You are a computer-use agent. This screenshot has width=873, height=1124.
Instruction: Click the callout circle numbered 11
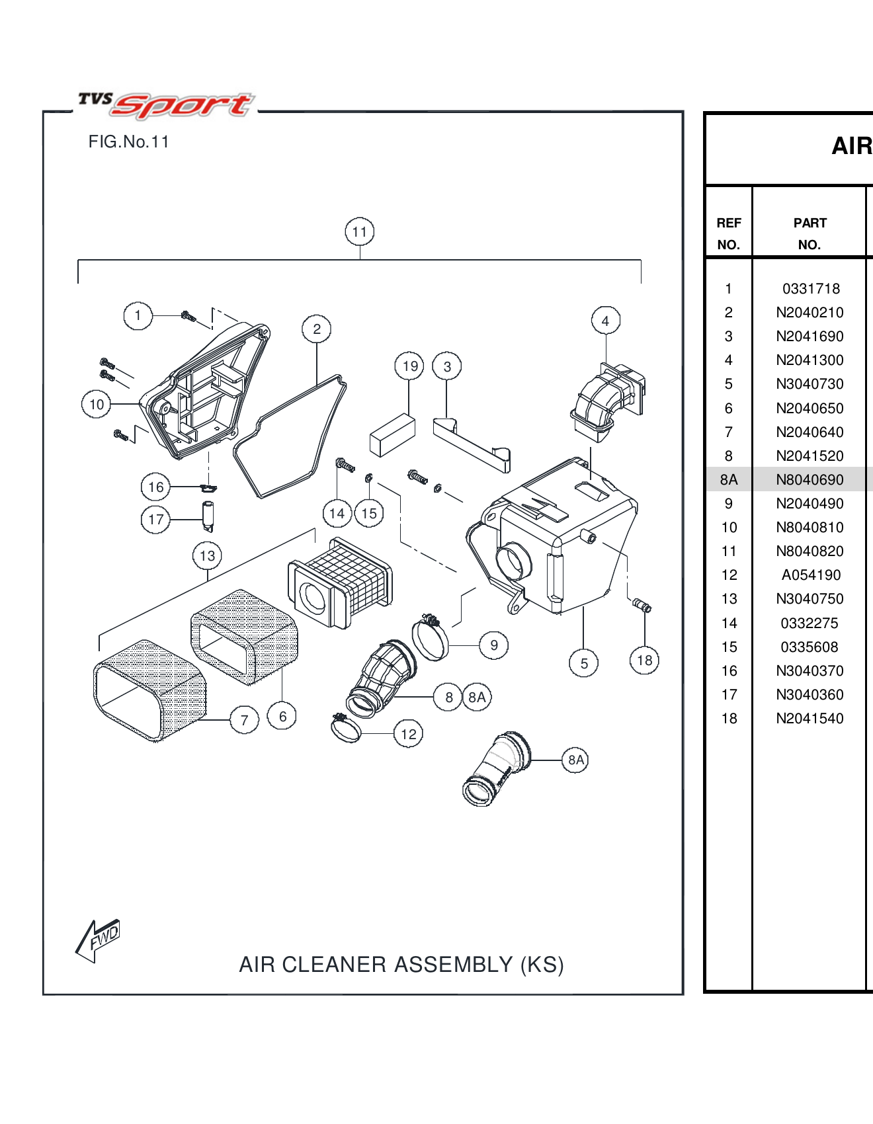[x=359, y=232]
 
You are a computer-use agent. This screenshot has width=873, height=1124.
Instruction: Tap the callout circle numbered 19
[x=409, y=366]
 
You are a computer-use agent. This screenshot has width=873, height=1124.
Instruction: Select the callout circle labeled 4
[x=605, y=321]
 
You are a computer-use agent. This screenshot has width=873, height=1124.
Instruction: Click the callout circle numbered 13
[x=207, y=556]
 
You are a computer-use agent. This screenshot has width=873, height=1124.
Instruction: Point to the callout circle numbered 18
[x=644, y=661]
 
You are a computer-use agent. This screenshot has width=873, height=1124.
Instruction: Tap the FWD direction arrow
[x=99, y=939]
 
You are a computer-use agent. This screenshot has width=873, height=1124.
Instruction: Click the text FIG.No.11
[x=128, y=142]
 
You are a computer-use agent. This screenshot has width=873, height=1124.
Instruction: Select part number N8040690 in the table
[x=810, y=480]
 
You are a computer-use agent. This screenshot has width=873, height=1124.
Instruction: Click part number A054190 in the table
[x=811, y=575]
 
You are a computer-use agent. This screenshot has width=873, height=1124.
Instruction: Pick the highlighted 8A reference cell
[x=728, y=480]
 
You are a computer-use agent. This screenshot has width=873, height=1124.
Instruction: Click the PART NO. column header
[x=810, y=233]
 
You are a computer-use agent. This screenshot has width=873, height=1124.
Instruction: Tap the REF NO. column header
[x=728, y=233]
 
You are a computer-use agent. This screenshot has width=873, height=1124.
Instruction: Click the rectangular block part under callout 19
[x=392, y=436]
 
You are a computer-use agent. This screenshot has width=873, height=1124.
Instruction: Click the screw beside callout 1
[x=188, y=317]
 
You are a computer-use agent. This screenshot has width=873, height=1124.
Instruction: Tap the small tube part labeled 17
[x=208, y=516]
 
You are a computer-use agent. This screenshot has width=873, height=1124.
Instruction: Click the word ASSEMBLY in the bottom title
[x=453, y=965]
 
